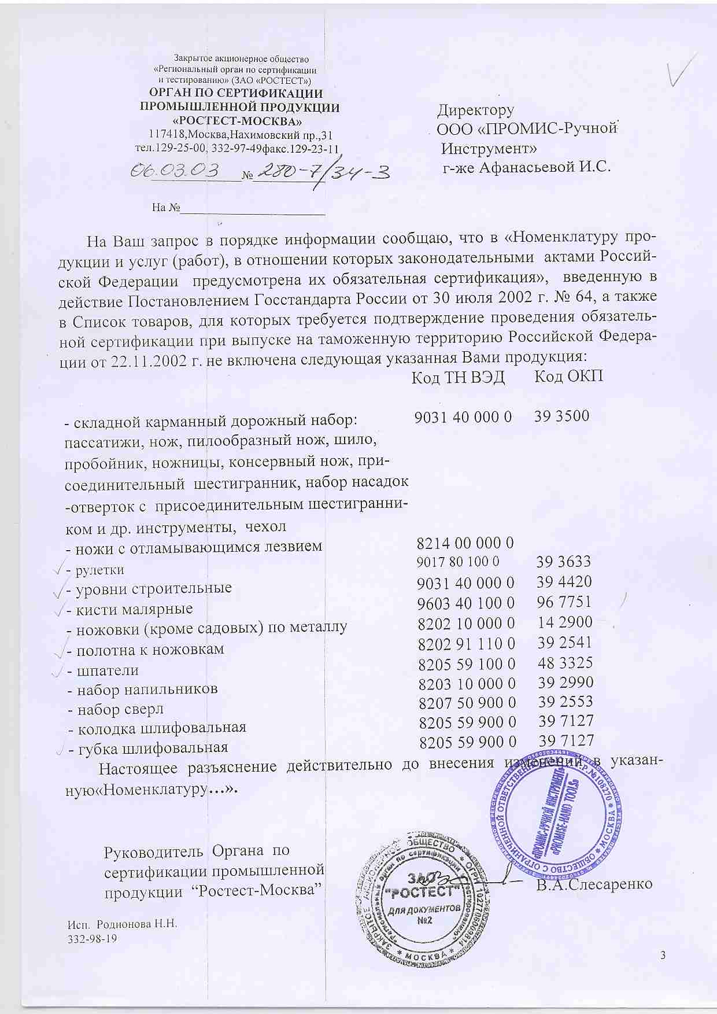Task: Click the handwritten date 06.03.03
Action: (176, 170)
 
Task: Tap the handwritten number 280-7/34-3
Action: (321, 171)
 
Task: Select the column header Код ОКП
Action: (568, 377)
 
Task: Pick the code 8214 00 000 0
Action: (465, 543)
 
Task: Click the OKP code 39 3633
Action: (563, 562)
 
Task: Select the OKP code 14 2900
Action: (565, 622)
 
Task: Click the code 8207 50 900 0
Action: (467, 703)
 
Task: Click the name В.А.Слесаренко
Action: (594, 884)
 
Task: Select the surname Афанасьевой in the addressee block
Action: (526, 168)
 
